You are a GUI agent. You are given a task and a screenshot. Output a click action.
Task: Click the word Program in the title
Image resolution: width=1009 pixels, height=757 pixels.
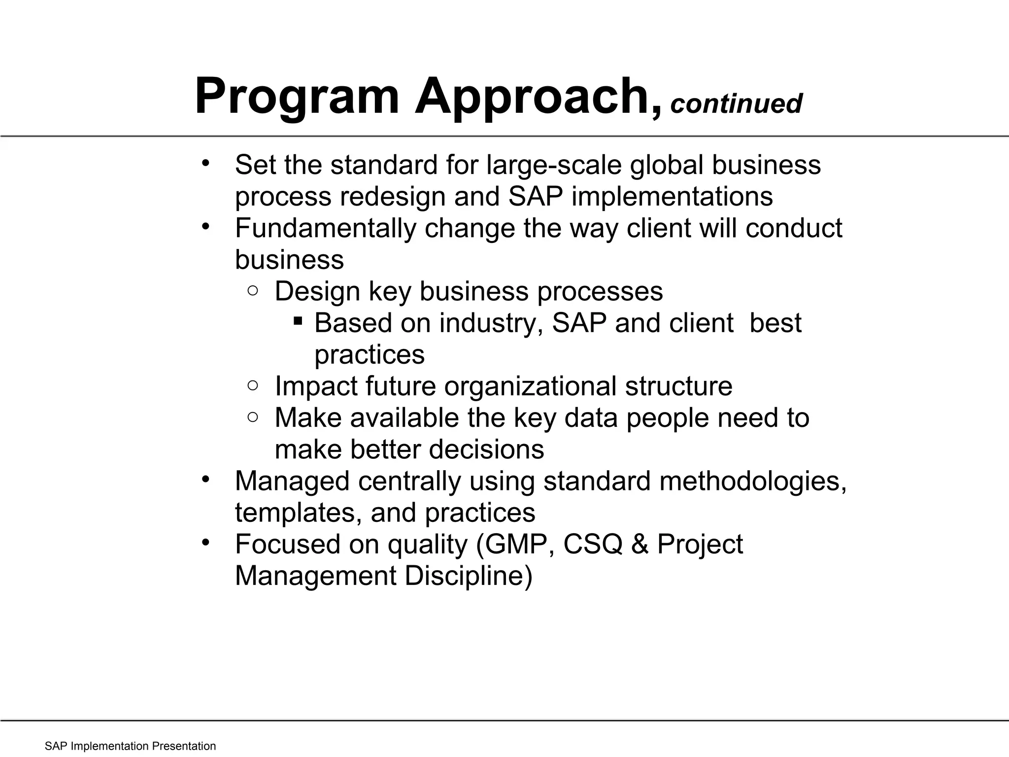[297, 97]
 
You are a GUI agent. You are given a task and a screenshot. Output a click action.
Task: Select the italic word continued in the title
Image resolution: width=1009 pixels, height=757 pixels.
[737, 103]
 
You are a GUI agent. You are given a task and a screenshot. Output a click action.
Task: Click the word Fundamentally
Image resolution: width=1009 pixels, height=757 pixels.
[326, 228]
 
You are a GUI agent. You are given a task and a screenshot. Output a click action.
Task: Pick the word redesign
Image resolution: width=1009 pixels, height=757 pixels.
[393, 196]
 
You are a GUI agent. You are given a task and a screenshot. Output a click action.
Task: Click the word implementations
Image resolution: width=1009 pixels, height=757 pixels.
[672, 196]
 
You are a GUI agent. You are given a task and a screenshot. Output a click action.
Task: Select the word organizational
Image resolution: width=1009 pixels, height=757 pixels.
[530, 386]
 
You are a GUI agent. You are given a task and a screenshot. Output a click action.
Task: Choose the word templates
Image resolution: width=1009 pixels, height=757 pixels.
[299, 513]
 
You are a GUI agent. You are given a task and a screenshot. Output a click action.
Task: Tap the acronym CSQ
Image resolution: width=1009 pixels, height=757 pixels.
[593, 544]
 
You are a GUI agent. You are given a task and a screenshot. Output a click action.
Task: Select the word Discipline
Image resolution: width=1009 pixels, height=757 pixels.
[469, 576]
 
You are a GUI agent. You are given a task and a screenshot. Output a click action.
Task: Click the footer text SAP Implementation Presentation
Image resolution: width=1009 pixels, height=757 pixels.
[130, 746]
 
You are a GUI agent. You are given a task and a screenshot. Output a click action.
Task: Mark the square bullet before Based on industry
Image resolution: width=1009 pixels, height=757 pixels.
[298, 321]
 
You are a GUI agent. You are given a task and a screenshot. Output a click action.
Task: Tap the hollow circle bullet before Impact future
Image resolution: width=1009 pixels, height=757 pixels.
[253, 385]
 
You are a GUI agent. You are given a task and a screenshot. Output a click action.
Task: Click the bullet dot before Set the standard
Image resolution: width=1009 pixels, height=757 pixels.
[206, 163]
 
